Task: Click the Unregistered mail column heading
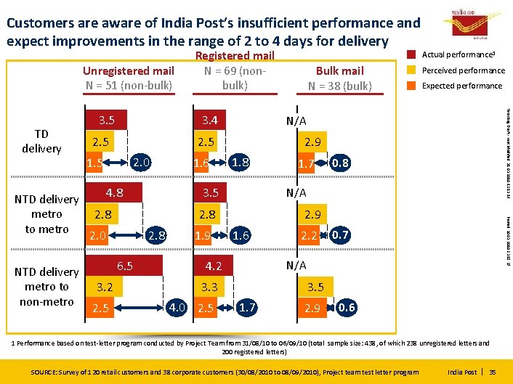click(128, 78)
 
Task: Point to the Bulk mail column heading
click(339, 78)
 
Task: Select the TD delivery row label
click(41, 141)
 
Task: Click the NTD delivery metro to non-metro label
click(47, 286)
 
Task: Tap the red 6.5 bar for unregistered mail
click(124, 266)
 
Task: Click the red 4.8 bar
click(113, 193)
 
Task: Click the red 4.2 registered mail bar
click(213, 266)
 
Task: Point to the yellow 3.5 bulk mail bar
click(315, 287)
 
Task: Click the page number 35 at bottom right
click(494, 372)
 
